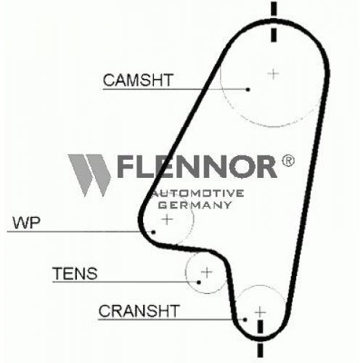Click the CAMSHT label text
tap(138, 80)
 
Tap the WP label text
tap(26, 223)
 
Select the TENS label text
tap(75, 273)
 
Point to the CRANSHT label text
tap(139, 311)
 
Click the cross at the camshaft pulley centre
tap(274, 73)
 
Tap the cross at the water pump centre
tap(167, 219)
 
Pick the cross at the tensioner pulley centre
tap(207, 272)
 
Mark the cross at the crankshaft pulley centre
tap(260, 312)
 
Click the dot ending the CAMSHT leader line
tap(248, 89)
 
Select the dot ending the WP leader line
tap(153, 232)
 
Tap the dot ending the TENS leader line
tap(199, 282)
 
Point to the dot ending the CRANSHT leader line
tap(245, 319)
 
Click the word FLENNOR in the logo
tap(197, 166)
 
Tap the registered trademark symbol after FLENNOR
tap(288, 160)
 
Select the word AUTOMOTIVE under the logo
tap(198, 193)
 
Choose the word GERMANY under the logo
tap(195, 205)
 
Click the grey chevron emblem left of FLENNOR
tap(89, 175)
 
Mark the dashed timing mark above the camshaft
tap(274, 22)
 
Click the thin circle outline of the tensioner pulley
tap(186, 273)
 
